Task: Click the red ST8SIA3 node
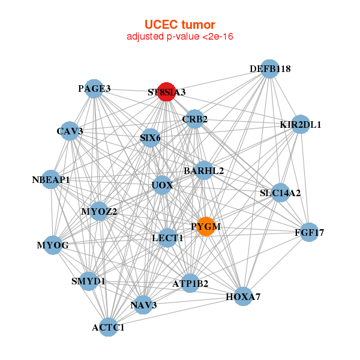coord(166,92)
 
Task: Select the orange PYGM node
coord(206,226)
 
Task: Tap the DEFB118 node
coord(270,69)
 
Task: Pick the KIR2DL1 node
coord(300,125)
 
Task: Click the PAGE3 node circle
coord(95,89)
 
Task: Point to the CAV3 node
coord(70,131)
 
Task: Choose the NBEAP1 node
coord(52,179)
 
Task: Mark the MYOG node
coord(53,245)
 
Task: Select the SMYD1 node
coord(88,280)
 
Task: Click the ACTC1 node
coord(108,327)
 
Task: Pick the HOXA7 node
coord(243,296)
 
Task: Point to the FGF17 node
coord(309,232)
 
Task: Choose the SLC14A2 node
coord(280,193)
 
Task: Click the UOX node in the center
coord(162,185)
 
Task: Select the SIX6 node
coord(150,138)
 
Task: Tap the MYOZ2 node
coord(99,211)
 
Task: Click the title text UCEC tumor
coord(179,25)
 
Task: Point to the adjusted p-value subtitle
coord(179,37)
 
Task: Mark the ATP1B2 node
coord(190,283)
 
